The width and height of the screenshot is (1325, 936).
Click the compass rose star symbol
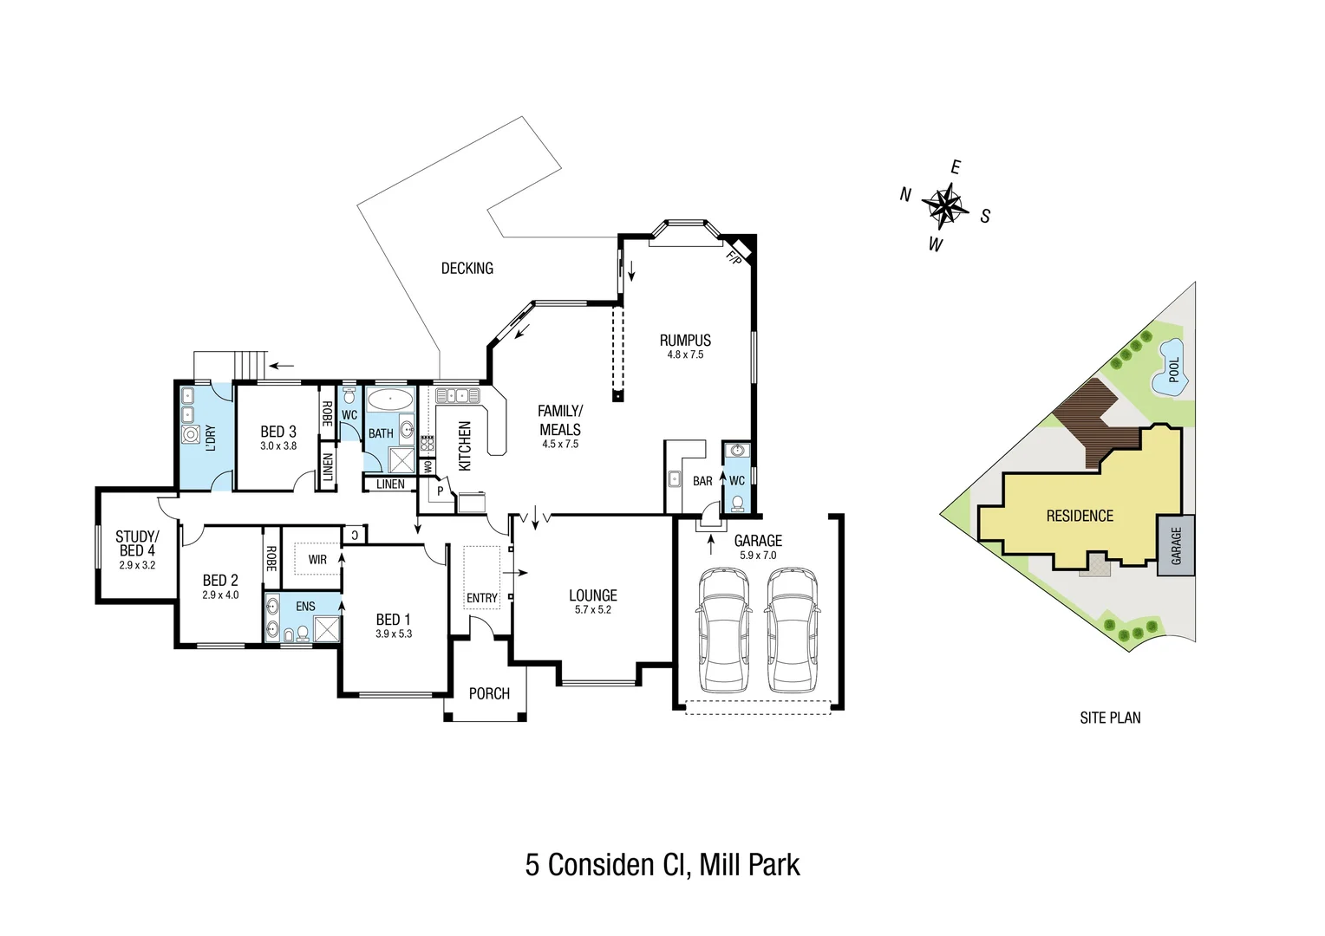pyautogui.click(x=945, y=206)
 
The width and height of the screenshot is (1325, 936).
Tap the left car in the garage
pyautogui.click(x=723, y=629)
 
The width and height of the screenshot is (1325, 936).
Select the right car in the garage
pyautogui.click(x=791, y=629)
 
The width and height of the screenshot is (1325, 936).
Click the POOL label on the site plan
pyautogui.click(x=1174, y=370)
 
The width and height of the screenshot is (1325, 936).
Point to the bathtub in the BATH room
pyautogui.click(x=389, y=400)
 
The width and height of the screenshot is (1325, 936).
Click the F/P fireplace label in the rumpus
pyautogui.click(x=734, y=257)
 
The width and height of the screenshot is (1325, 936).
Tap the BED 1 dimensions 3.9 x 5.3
pyautogui.click(x=394, y=634)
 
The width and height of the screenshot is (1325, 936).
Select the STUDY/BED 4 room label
pyautogui.click(x=137, y=543)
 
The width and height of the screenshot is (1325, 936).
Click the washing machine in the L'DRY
pyautogui.click(x=191, y=435)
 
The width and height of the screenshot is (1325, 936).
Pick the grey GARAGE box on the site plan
pyautogui.click(x=1176, y=545)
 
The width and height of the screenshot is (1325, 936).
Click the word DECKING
pyautogui.click(x=467, y=269)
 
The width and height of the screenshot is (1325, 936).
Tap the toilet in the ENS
pyautogui.click(x=302, y=634)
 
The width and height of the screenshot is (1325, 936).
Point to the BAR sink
pyautogui.click(x=674, y=479)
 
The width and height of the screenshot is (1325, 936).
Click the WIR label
pyautogui.click(x=317, y=560)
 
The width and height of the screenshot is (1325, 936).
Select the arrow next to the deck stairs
pyautogui.click(x=281, y=365)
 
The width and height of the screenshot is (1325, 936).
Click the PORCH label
pyautogui.click(x=489, y=693)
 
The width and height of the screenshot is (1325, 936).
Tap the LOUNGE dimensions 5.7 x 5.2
pyautogui.click(x=592, y=610)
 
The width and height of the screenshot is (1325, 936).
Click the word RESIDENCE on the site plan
pyautogui.click(x=1080, y=517)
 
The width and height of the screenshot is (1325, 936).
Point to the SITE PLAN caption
pyautogui.click(x=1110, y=718)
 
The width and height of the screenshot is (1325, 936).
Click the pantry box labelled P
pyautogui.click(x=440, y=491)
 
